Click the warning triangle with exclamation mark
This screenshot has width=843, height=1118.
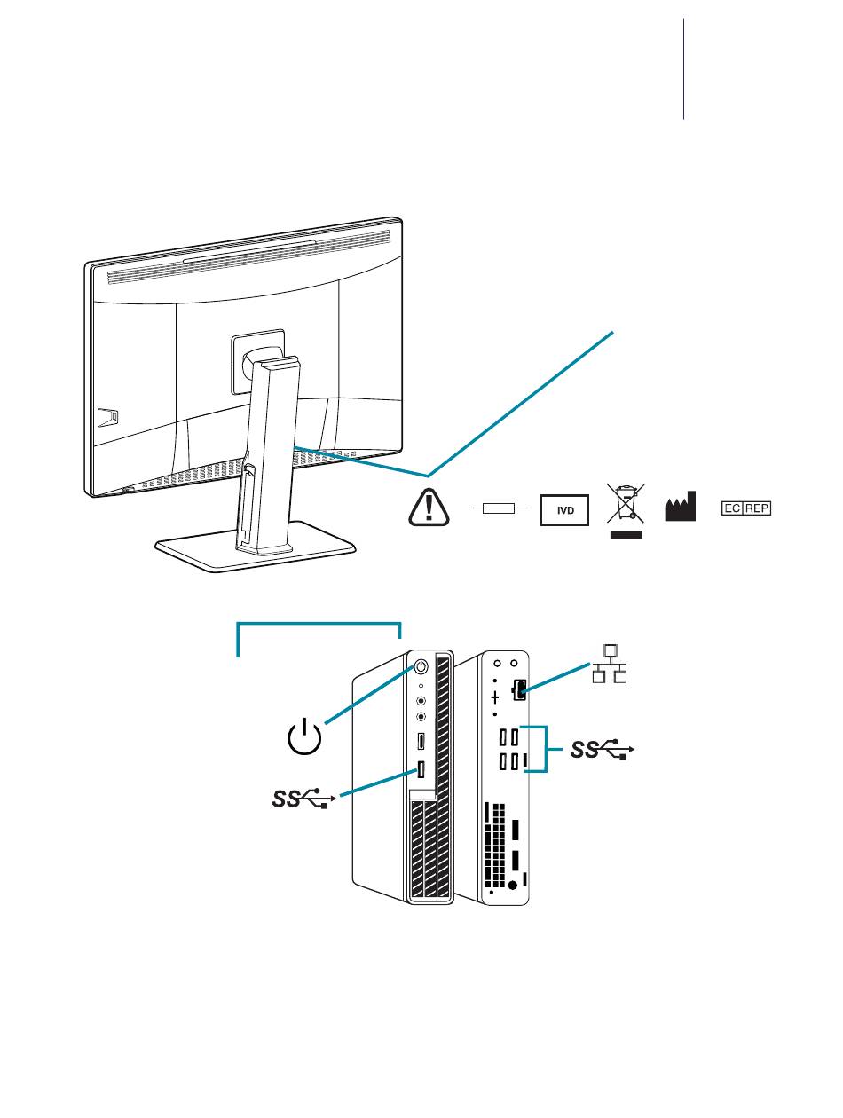(x=429, y=507)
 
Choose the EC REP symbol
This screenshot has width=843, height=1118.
(x=745, y=509)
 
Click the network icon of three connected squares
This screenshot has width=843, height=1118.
(x=610, y=665)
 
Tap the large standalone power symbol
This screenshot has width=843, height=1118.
(x=304, y=738)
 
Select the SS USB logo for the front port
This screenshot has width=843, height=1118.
(x=301, y=800)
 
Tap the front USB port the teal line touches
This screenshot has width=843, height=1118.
(x=421, y=771)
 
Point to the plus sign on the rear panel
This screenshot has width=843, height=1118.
(x=495, y=698)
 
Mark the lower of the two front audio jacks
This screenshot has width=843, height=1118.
(x=421, y=716)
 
